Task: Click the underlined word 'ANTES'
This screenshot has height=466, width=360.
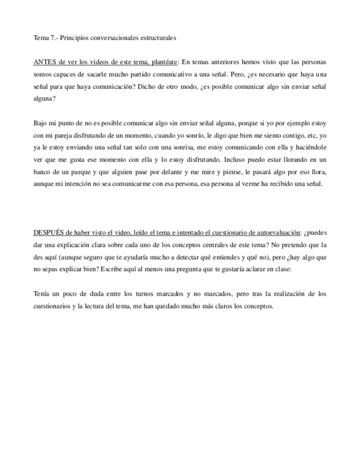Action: click(x=43, y=62)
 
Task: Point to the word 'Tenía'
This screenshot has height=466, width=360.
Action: click(x=42, y=294)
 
